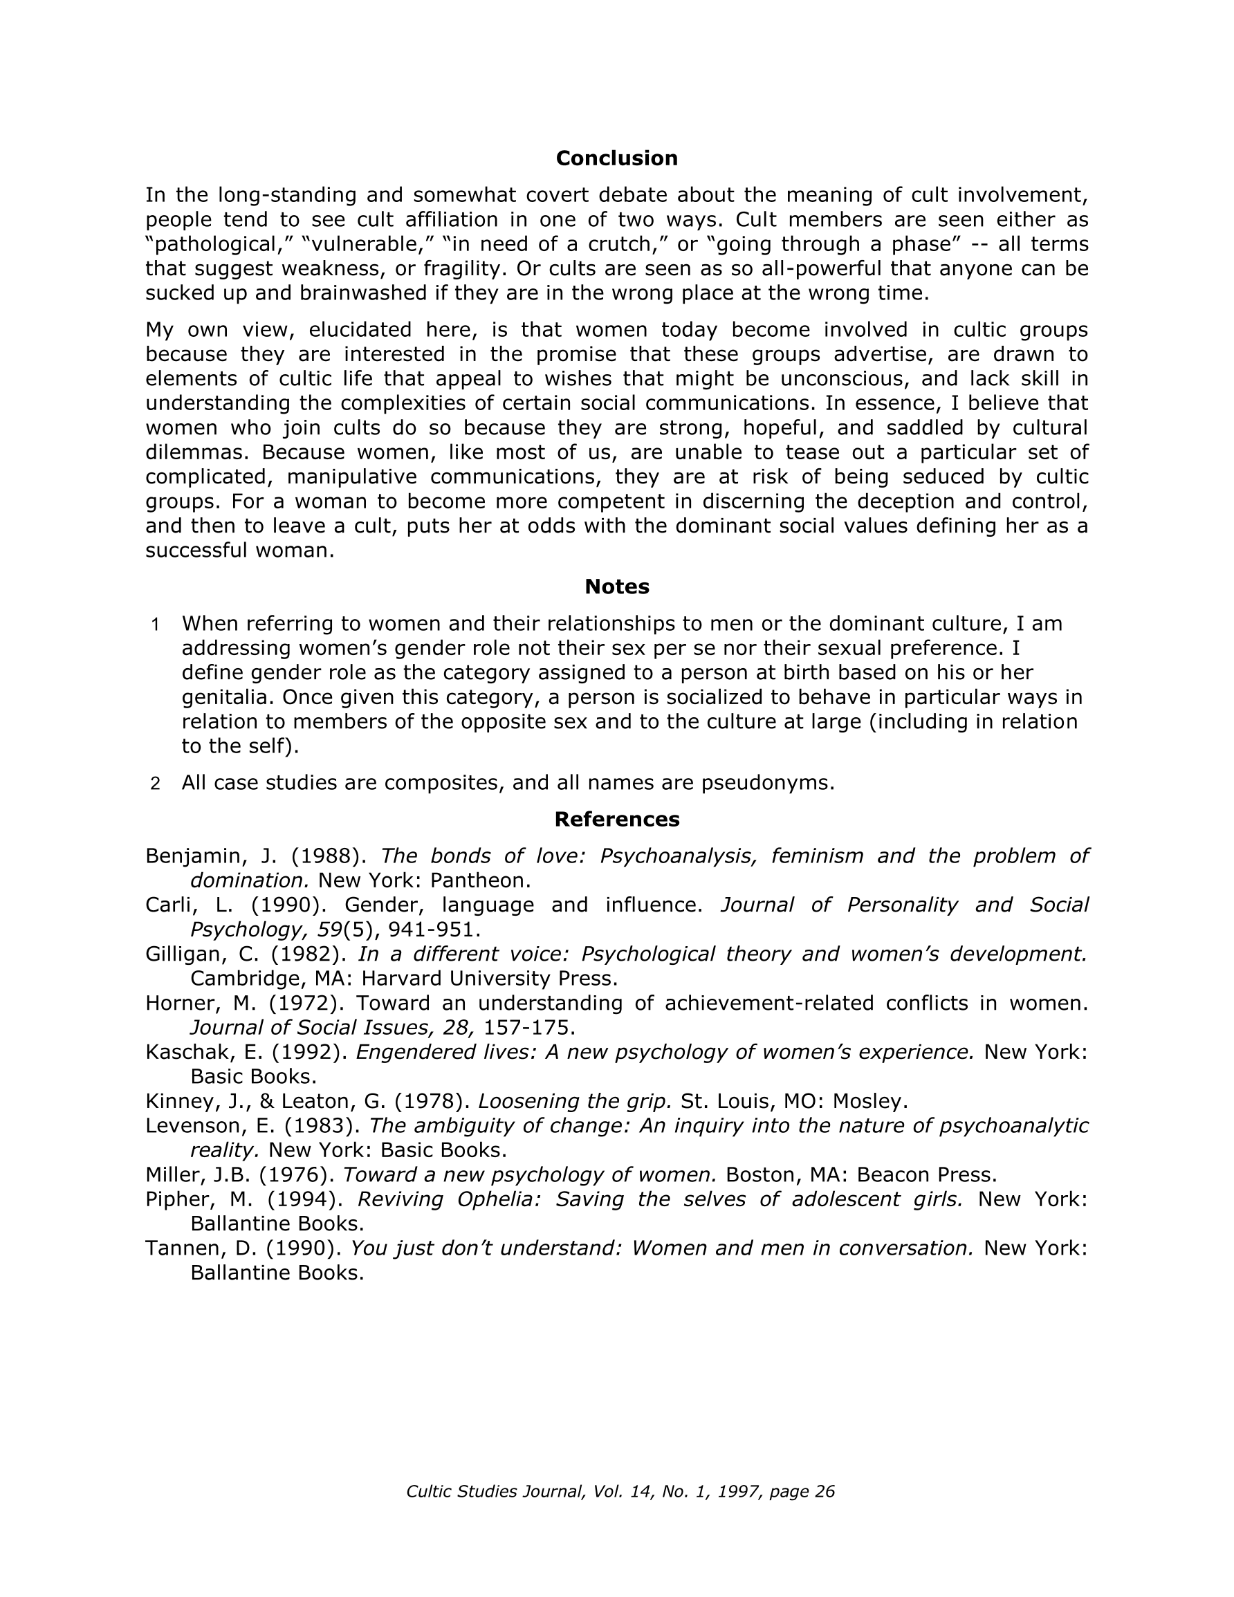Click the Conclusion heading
(616, 158)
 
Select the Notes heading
(616, 587)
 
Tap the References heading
(616, 819)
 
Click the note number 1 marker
(155, 625)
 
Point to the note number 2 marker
(155, 784)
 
